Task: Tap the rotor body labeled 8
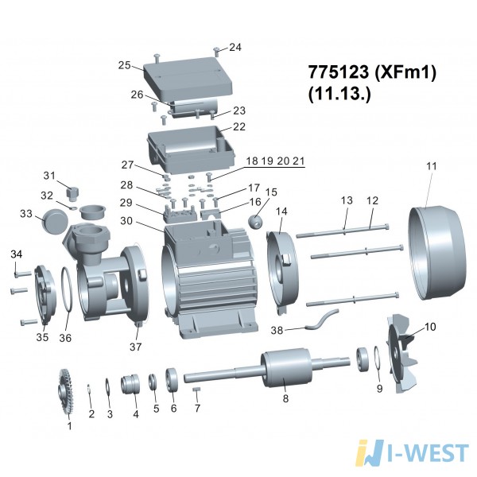tap(286, 367)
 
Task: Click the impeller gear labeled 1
tap(66, 391)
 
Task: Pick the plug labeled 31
tap(72, 193)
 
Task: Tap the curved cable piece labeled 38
tap(321, 319)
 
